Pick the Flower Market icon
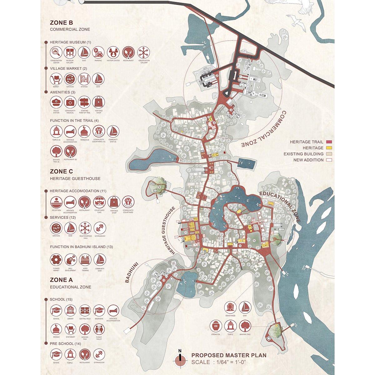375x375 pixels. (56, 260)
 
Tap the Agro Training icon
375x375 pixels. (85, 260)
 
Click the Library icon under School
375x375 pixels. (70, 311)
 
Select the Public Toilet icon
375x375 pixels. (99, 329)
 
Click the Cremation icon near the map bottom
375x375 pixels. (216, 326)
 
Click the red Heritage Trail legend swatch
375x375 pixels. (329, 142)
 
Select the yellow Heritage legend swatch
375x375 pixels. (329, 148)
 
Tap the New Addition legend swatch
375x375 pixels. (329, 160)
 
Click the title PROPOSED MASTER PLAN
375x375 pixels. (229, 355)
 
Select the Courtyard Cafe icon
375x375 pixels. (99, 202)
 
